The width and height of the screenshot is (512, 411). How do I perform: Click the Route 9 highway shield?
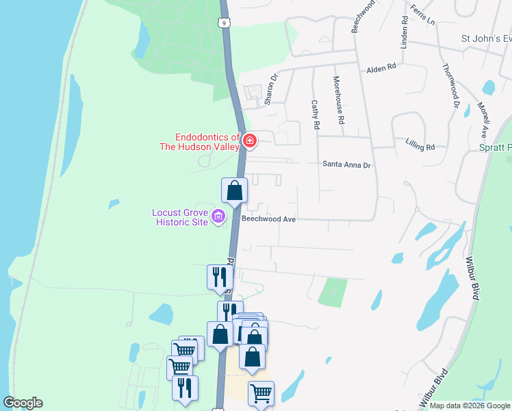(x=225, y=23)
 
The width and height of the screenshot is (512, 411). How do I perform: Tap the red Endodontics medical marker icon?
(x=250, y=142)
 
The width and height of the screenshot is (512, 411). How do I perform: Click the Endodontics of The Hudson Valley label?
(x=207, y=142)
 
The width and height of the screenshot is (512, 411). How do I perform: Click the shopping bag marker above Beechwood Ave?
(x=234, y=190)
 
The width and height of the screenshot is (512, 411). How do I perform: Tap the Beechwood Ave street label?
(x=268, y=219)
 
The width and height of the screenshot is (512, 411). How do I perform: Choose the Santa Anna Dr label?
(x=346, y=164)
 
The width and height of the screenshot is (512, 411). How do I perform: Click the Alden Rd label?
(x=381, y=68)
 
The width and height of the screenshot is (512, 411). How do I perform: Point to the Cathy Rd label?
(x=315, y=114)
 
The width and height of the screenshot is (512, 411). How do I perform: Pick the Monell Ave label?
(x=483, y=121)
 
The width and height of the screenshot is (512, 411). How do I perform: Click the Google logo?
(x=23, y=403)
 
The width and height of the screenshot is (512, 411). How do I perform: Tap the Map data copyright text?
(x=470, y=406)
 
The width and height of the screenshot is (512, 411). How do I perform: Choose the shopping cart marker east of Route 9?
(x=261, y=393)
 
